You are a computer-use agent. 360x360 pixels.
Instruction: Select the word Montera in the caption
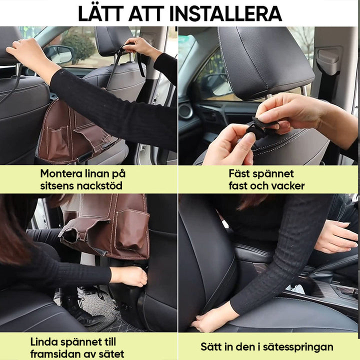61,174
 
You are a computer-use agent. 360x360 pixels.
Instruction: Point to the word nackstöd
100,186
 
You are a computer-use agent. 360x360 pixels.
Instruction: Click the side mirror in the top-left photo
58,54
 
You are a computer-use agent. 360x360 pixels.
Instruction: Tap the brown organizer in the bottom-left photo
107,225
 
